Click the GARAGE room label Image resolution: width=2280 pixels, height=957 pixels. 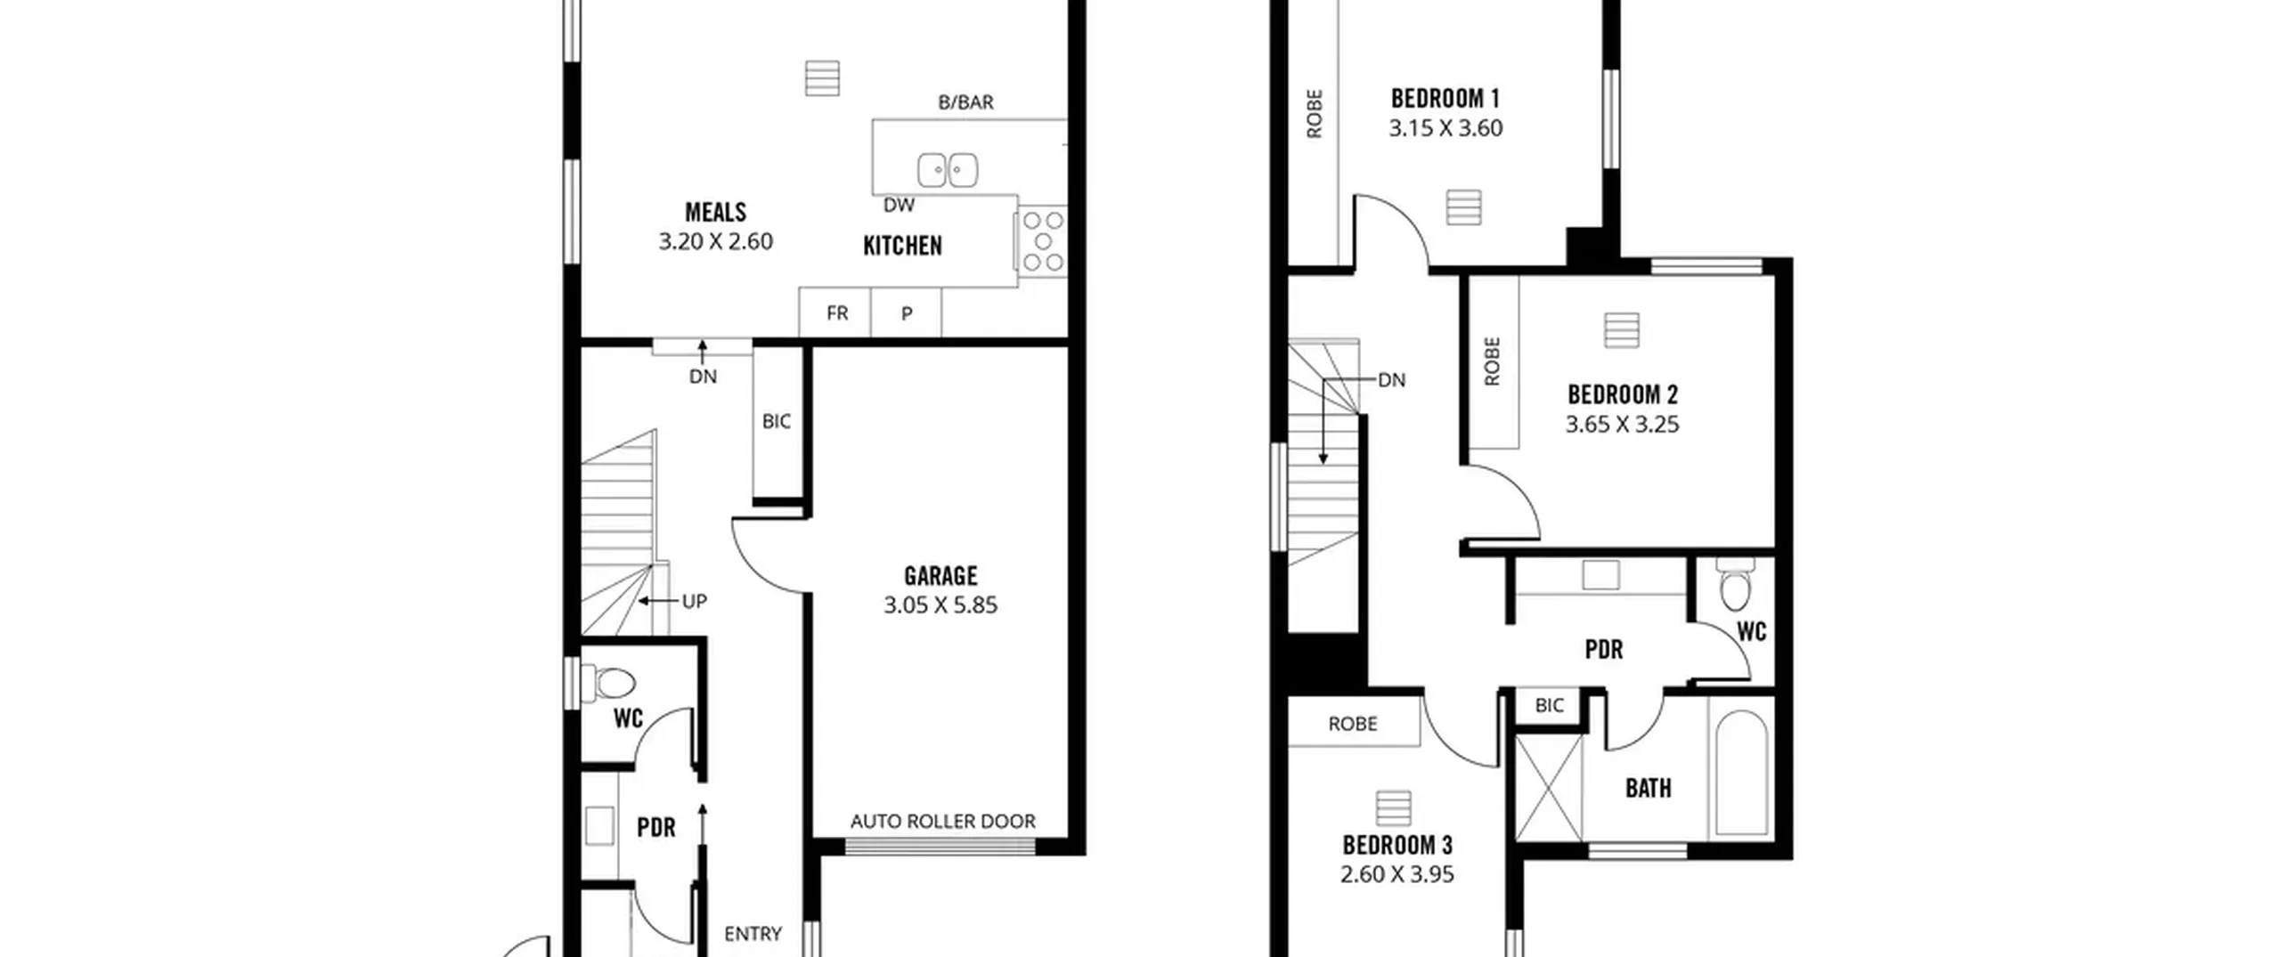coord(940,575)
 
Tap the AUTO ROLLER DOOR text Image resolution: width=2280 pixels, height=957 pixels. coord(942,821)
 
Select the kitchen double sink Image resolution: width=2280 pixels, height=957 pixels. coord(948,170)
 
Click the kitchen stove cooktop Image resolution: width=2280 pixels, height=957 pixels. coord(1042,240)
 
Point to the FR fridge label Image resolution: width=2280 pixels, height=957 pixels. coord(836,312)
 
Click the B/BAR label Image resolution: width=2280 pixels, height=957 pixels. coord(965,102)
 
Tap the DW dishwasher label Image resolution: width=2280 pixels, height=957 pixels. coord(899,205)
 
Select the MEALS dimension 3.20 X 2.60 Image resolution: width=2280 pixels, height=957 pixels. coord(715,241)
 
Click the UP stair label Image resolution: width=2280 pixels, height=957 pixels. coord(694,601)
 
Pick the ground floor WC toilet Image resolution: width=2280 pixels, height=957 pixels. coord(609,684)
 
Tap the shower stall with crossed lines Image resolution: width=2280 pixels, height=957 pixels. coord(1549,787)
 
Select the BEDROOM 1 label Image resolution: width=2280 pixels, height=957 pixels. coord(1445,98)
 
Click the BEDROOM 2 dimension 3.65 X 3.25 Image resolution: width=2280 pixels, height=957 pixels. coord(1622,424)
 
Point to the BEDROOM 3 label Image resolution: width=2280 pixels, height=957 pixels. coord(1396,844)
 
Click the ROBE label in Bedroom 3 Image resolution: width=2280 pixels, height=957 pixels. coord(1352,724)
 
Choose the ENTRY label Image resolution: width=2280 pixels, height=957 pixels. coord(753,934)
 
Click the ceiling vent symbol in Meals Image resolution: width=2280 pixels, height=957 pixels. coord(821,78)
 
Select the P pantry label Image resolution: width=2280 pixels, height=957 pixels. coord(907,313)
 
